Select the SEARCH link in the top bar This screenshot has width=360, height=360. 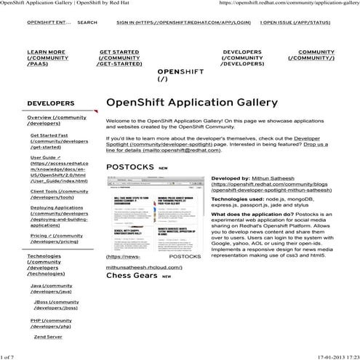click(x=87, y=23)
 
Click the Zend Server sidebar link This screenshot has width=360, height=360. click(x=48, y=337)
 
